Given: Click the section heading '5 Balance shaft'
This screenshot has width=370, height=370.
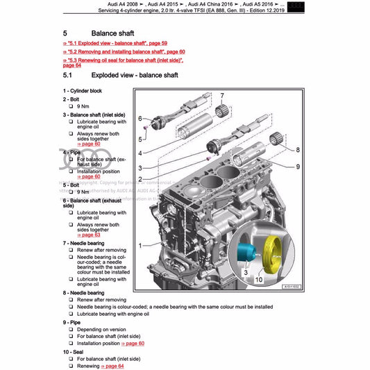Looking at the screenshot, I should pos(104,33).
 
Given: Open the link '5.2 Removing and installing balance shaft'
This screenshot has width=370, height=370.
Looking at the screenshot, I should pos(124,52).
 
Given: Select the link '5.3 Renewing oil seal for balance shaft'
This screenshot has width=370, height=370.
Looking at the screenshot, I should pos(122,60).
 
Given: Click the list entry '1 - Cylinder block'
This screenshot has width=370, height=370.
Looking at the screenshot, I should pos(85,91).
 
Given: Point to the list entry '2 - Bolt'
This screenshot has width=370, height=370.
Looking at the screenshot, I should pos(73,99).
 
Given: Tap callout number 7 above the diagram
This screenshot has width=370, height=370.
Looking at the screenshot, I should pos(222,94).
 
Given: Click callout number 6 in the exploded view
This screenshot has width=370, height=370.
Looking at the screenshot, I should pos(140,118).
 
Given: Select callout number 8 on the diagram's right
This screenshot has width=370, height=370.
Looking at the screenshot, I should pos(297,149).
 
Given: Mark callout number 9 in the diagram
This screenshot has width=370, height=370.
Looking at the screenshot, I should pos(297,167).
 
